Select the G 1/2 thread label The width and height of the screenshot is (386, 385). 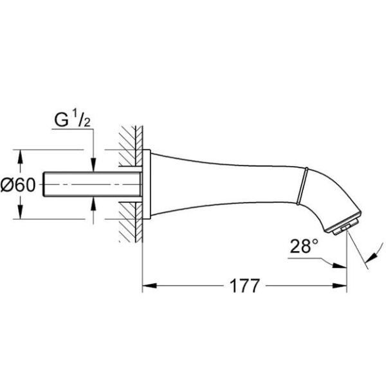[x=73, y=120]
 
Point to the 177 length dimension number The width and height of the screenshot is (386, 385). [x=243, y=286]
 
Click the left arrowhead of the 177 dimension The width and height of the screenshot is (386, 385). [x=147, y=285]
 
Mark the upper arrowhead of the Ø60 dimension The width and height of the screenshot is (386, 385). [x=22, y=156]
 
